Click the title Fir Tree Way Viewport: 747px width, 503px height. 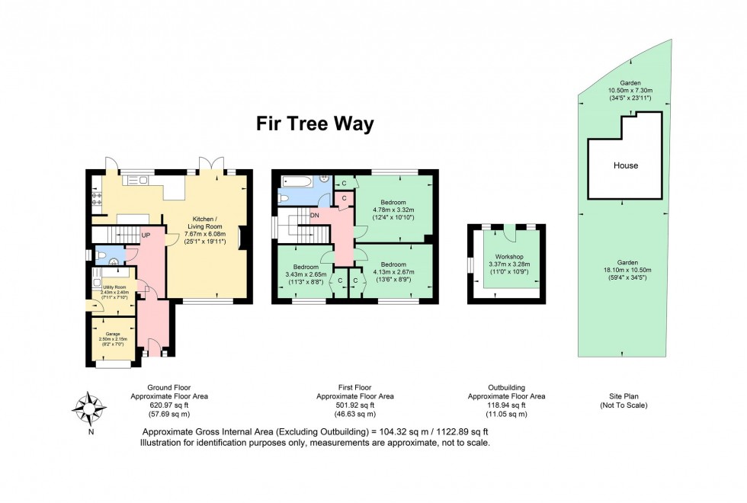(x=315, y=124)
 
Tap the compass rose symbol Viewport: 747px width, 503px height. (x=90, y=409)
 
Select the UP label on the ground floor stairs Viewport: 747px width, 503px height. (x=146, y=235)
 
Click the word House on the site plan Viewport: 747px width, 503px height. (x=625, y=165)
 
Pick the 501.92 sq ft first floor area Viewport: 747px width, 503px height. (x=355, y=405)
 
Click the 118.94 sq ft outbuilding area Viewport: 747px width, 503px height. (x=507, y=405)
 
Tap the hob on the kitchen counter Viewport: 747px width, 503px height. (x=97, y=199)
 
